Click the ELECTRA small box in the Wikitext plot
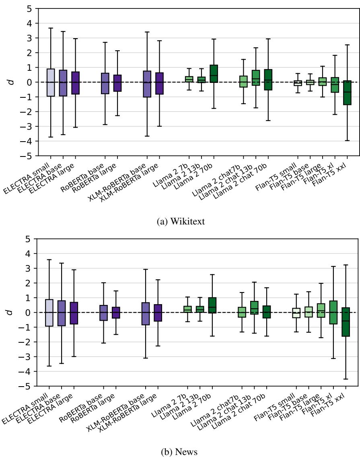coord(50,82)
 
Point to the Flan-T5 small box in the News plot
coord(296,313)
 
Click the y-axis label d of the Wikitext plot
coord(12,82)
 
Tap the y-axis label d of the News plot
coord(12,312)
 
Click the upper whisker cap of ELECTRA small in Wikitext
coord(50,28)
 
